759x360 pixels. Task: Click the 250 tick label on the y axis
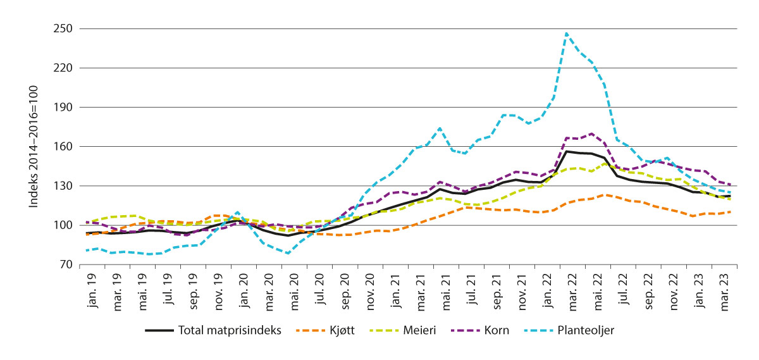(63, 29)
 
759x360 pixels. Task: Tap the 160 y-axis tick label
(63, 147)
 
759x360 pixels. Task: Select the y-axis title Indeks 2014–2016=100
(33, 147)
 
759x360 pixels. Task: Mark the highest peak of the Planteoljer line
(567, 33)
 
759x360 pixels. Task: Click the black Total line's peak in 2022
(567, 151)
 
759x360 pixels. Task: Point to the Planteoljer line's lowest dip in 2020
(288, 253)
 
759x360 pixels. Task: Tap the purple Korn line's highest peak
(591, 133)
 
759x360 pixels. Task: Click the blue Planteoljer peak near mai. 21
(440, 128)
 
